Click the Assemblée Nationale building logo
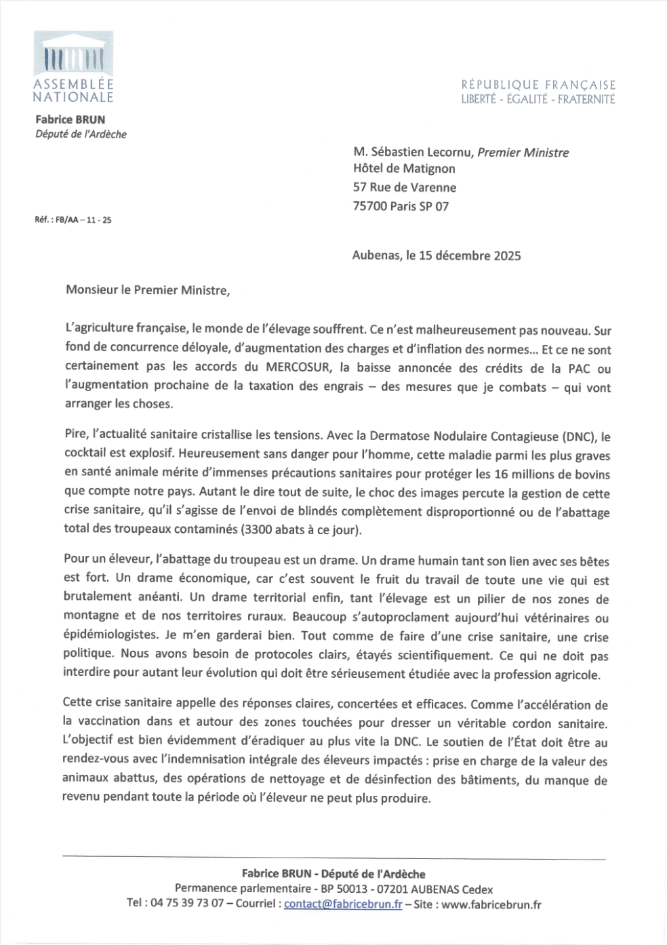[x=73, y=54]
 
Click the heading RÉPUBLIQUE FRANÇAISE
[x=538, y=85]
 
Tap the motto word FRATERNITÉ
[x=586, y=99]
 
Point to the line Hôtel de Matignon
[x=404, y=169]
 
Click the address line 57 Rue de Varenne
[x=405, y=187]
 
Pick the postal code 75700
[x=370, y=206]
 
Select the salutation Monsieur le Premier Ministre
[x=148, y=290]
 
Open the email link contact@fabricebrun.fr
[x=343, y=904]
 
